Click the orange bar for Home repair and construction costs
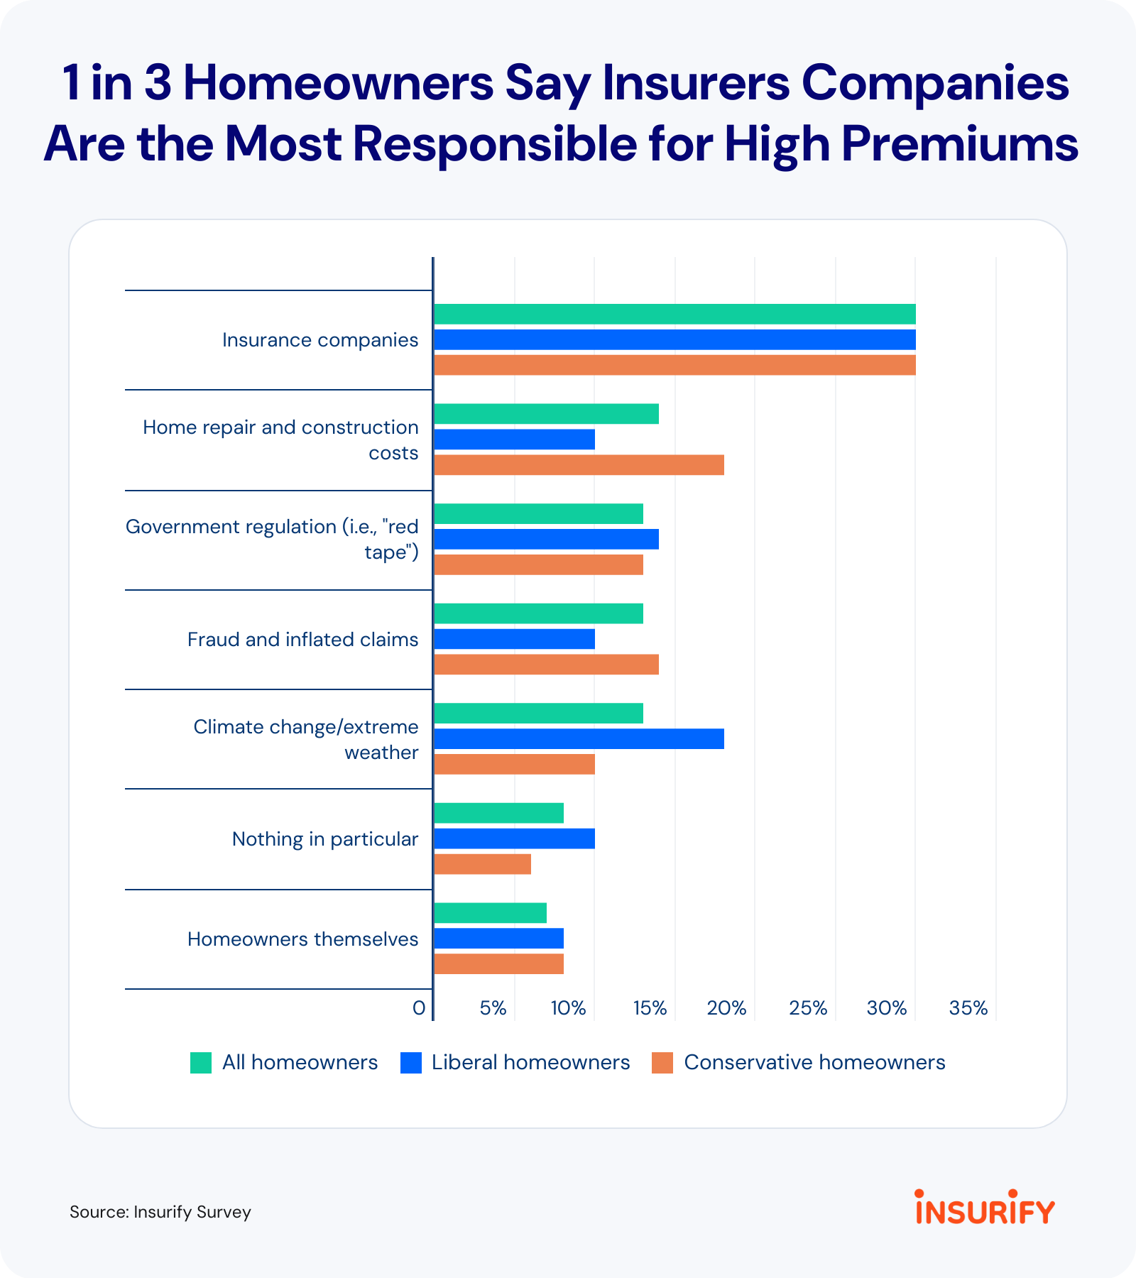tap(579, 465)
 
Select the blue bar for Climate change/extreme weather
tap(579, 739)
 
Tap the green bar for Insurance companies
tap(674, 315)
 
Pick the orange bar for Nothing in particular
tap(482, 864)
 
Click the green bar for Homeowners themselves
tap(490, 913)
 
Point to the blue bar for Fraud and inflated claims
tap(514, 639)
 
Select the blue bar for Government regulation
tap(546, 540)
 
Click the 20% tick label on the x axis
tap(726, 1008)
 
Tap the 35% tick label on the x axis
tap(968, 1008)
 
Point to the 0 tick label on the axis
tap(419, 1008)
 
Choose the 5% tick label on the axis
tap(493, 1008)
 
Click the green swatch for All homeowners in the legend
tap(201, 1063)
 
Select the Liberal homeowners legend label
tap(530, 1062)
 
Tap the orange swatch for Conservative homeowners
tap(662, 1063)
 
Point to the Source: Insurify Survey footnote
tap(160, 1212)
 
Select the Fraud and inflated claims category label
tap(302, 640)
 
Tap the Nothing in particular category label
tap(325, 839)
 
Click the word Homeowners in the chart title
tap(338, 83)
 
